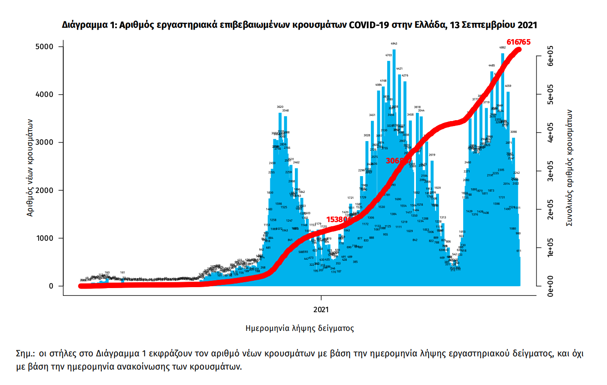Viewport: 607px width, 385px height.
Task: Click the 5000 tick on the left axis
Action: tap(46, 47)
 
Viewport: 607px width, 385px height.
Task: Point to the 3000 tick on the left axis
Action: tap(46, 142)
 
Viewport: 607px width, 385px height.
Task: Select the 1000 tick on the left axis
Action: tap(46, 238)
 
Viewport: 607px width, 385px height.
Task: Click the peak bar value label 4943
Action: tap(394, 44)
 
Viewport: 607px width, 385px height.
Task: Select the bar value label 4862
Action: tap(502, 47)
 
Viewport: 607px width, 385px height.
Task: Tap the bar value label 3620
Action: tap(280, 107)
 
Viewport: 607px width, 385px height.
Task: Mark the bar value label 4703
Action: tap(389, 55)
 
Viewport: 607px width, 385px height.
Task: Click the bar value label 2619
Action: tap(432, 155)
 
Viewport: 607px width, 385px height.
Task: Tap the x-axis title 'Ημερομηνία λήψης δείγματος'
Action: tap(299, 328)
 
